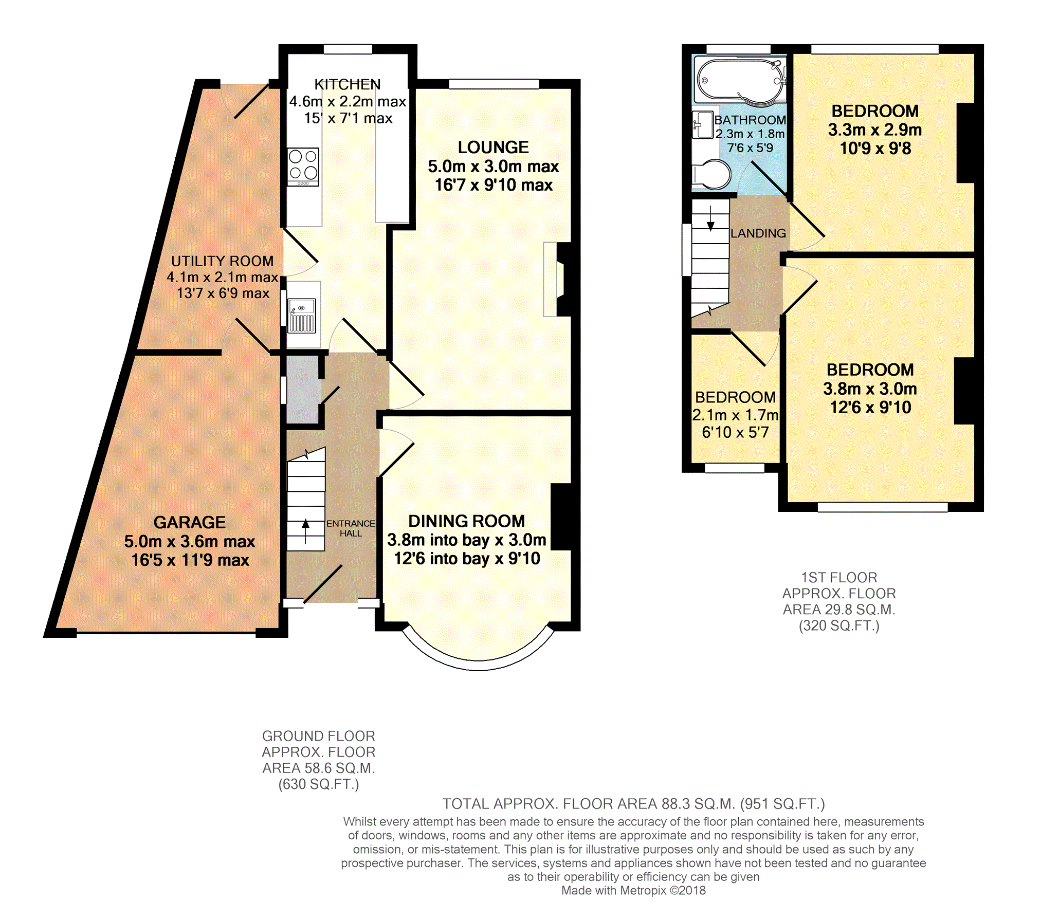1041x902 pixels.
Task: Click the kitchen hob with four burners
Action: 303,167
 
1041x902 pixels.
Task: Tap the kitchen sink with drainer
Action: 302,316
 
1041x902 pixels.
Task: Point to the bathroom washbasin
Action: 702,125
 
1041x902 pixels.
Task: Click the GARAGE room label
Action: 189,522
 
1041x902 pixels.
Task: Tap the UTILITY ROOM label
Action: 222,261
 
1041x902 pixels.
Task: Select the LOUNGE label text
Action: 493,148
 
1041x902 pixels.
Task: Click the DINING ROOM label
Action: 466,521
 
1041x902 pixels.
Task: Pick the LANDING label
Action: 758,233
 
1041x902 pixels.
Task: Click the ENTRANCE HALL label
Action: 351,528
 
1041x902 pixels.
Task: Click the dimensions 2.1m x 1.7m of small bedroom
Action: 735,415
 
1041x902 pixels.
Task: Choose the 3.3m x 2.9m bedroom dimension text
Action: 874,130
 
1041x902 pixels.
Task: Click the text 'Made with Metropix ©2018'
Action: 633,890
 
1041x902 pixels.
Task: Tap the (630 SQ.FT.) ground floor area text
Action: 319,784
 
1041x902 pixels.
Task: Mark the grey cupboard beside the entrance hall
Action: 302,390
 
